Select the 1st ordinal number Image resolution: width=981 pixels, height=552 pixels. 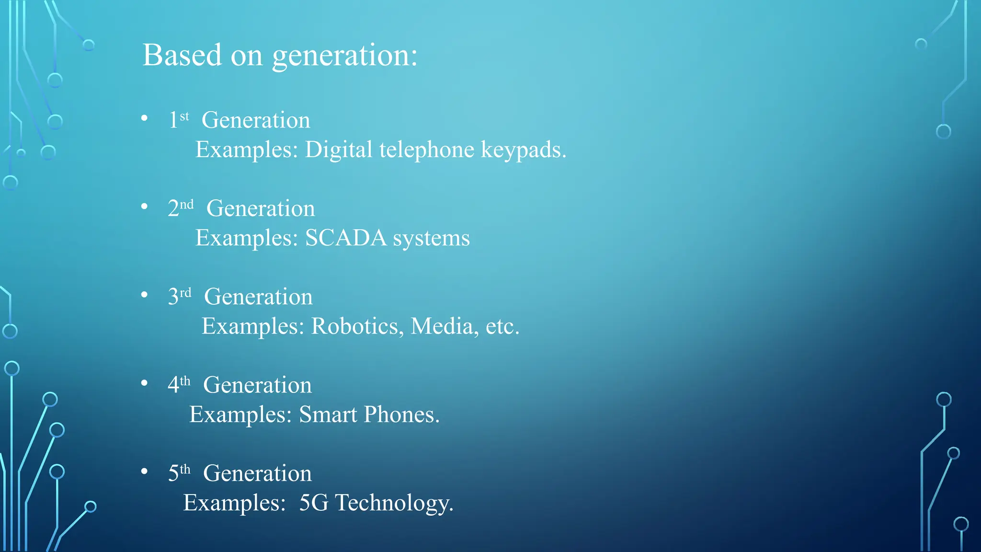click(x=178, y=119)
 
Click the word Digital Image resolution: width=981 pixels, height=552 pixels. click(x=339, y=149)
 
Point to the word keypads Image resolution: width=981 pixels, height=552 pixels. click(x=523, y=150)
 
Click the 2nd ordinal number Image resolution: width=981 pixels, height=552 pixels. click(x=181, y=208)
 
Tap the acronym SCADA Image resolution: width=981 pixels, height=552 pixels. click(x=346, y=238)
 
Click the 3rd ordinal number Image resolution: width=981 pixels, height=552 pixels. click(x=180, y=296)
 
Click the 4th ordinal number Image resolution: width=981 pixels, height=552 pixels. click(x=179, y=384)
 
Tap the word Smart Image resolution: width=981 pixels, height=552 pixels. click(x=328, y=414)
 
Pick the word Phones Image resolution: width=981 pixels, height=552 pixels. click(x=401, y=414)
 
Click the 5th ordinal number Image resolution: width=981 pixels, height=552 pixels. click(x=179, y=472)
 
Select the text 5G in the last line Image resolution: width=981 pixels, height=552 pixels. click(x=314, y=503)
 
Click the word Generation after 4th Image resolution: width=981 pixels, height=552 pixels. click(x=257, y=385)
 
